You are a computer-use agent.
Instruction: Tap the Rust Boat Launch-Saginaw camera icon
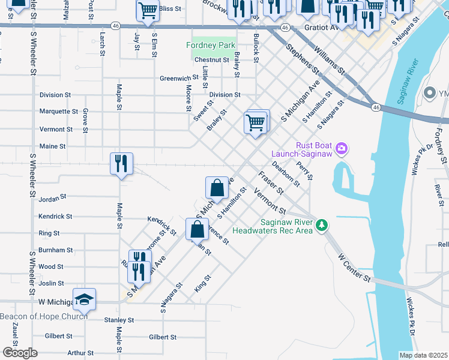tap(342, 148)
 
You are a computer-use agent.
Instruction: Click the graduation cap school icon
tap(85, 299)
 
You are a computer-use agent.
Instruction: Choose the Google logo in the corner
tap(19, 353)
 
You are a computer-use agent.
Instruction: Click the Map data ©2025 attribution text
tap(423, 355)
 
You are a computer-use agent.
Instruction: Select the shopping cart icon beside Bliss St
tap(147, 10)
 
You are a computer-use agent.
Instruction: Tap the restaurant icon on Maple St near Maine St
tap(121, 163)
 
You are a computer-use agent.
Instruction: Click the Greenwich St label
tap(179, 78)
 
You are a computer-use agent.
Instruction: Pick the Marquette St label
tap(58, 112)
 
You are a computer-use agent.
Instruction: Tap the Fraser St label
tap(271, 182)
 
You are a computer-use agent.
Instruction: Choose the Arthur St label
tap(81, 353)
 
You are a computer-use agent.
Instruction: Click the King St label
tap(203, 283)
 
